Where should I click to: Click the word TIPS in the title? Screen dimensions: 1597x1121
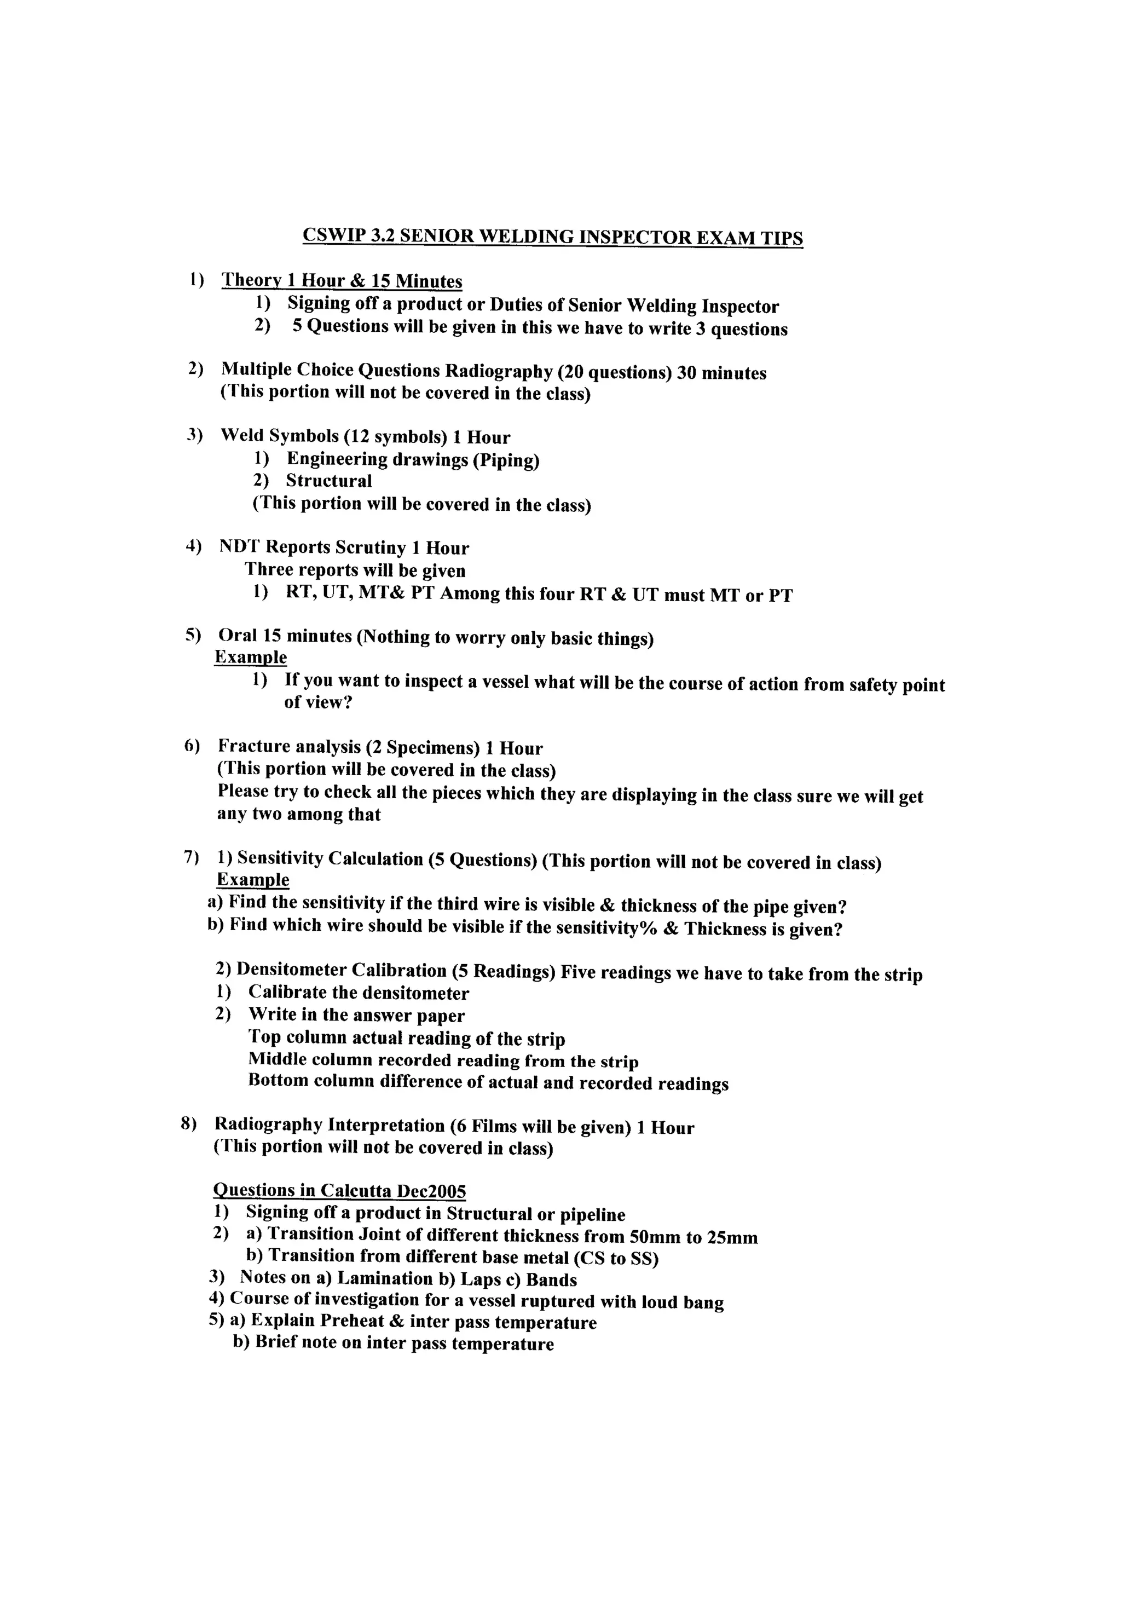(x=781, y=238)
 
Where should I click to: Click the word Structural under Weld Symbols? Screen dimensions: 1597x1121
(x=329, y=481)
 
